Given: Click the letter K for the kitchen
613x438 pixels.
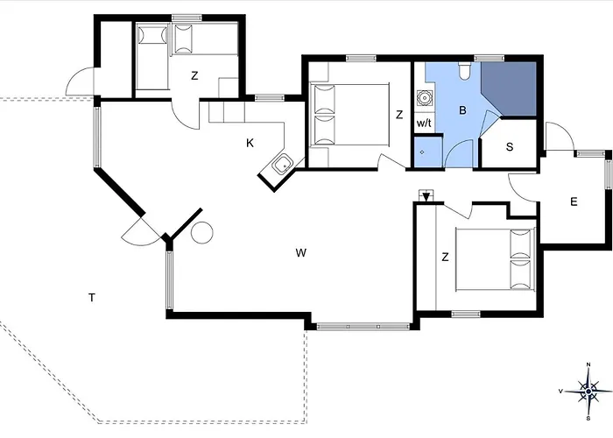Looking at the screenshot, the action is pos(250,143).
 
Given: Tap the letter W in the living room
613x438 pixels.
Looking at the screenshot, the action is pos(300,253).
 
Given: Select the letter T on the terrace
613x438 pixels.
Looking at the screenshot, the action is pos(91,298).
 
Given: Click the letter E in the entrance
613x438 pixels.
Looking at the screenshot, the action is pos(574,201).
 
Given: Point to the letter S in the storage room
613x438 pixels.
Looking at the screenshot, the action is pos(510,146).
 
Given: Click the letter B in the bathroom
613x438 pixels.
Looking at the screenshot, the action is pos(462,110).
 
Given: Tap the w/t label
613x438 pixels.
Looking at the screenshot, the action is pos(424,124).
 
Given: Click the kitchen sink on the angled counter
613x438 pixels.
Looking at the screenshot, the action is pos(282,165).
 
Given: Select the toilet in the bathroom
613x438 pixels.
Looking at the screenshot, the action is pos(464,71).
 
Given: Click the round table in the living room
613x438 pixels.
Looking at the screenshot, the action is pos(201,233).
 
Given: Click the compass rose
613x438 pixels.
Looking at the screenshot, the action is pos(588,392).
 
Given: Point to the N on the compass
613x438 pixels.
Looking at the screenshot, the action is pos(588,364).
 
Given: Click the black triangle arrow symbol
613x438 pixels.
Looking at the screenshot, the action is pos(426,196).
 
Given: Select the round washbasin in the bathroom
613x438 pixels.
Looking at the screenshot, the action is pos(423,98).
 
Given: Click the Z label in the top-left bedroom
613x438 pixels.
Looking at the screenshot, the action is pos(194,76).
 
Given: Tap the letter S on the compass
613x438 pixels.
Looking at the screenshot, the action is pos(588,418).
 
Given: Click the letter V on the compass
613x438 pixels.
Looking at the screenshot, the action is pos(561,391).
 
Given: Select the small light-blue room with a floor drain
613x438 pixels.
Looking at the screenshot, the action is pos(427,152).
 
